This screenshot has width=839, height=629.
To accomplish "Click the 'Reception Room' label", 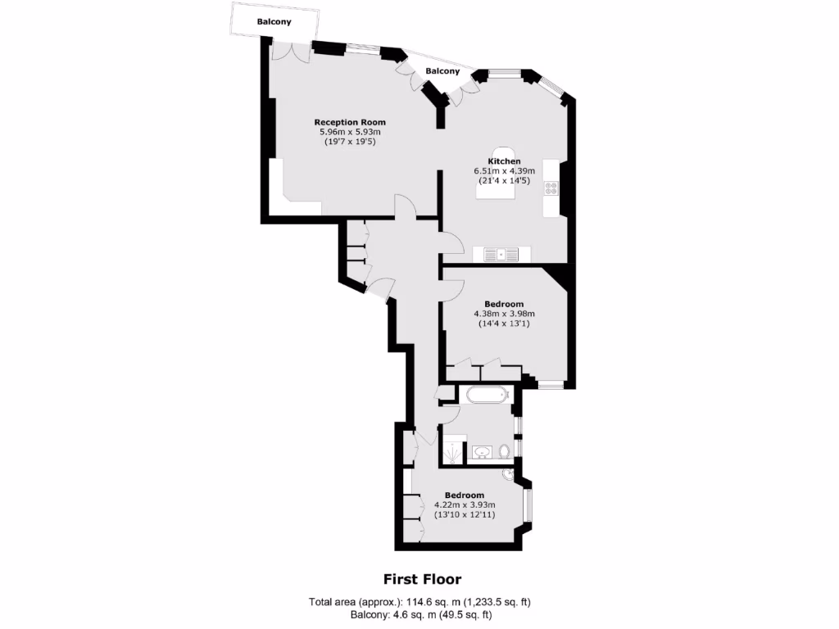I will click(x=350, y=122).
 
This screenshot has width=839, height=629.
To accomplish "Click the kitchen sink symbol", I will click(x=501, y=254).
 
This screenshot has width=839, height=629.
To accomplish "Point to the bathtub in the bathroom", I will click(x=488, y=396).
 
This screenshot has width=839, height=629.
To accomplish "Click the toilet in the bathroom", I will click(x=505, y=451).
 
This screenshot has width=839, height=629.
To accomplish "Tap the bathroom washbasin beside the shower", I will click(x=482, y=451).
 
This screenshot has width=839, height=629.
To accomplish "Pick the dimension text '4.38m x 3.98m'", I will click(x=504, y=314).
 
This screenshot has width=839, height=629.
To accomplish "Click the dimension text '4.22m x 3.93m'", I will click(x=465, y=505).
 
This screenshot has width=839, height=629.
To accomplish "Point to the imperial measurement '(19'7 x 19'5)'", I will click(x=350, y=142).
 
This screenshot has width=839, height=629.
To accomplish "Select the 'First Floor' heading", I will click(x=423, y=579).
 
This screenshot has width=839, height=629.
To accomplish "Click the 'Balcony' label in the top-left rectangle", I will click(x=274, y=22).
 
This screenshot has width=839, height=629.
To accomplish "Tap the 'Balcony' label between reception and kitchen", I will click(x=442, y=71).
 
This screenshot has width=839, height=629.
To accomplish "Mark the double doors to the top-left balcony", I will click(x=291, y=49).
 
